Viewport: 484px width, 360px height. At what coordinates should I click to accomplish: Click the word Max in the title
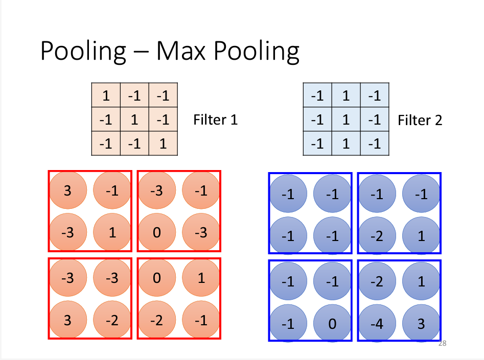(x=181, y=52)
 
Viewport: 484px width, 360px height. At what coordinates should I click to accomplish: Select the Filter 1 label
(x=215, y=120)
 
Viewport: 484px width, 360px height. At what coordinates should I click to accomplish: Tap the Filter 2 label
(x=420, y=120)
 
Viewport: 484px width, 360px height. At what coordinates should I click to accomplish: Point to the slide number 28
(x=443, y=344)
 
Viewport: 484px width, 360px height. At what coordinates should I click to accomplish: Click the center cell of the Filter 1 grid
(x=134, y=120)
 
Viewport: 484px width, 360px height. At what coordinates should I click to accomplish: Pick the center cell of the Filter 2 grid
(x=346, y=120)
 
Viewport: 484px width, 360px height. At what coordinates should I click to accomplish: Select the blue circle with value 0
(x=333, y=323)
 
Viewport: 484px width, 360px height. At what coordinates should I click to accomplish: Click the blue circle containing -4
(x=377, y=323)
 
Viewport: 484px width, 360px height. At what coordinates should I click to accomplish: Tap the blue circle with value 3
(x=422, y=323)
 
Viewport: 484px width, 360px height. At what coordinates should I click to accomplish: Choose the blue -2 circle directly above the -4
(x=377, y=281)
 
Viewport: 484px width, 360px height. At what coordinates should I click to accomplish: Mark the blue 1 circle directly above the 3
(x=422, y=281)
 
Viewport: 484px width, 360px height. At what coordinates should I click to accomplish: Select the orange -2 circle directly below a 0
(x=157, y=320)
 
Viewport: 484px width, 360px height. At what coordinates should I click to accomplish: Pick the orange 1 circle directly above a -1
(x=201, y=278)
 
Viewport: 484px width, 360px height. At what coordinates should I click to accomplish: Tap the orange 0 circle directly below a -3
(x=157, y=233)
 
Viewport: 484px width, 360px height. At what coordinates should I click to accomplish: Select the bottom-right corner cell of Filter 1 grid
(x=163, y=144)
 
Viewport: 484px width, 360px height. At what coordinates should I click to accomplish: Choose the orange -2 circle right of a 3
(x=112, y=320)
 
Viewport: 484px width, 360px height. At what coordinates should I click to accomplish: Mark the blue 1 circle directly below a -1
(x=422, y=236)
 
